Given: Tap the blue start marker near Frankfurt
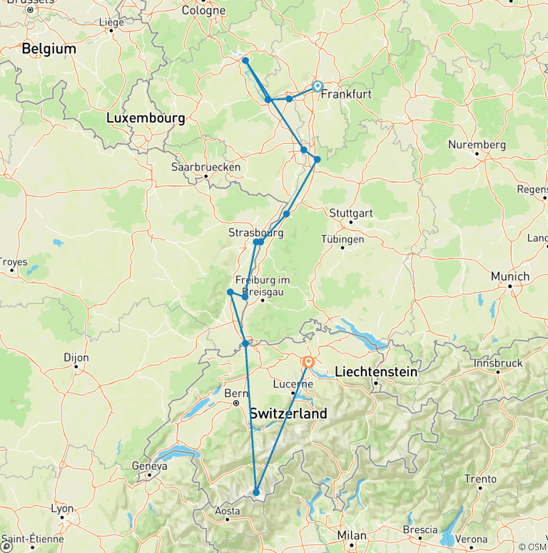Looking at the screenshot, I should [x=317, y=87].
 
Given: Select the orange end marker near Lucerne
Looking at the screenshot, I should [x=308, y=362].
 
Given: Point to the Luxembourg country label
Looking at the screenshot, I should [x=146, y=118].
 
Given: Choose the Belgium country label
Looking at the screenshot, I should [x=49, y=49].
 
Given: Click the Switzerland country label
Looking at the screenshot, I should [x=288, y=413].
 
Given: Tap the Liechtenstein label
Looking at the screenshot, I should [x=375, y=371].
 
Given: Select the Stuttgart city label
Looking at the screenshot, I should [x=351, y=213].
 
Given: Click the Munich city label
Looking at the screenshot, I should [x=510, y=276].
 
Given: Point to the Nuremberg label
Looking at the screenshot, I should [x=477, y=145].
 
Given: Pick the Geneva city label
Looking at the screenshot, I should [x=149, y=466].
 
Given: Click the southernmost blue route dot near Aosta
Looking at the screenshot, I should [x=256, y=492].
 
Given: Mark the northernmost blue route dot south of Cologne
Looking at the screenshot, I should [x=245, y=61].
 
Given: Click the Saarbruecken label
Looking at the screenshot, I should [x=205, y=167].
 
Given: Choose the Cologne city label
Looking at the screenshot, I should [x=203, y=11].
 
